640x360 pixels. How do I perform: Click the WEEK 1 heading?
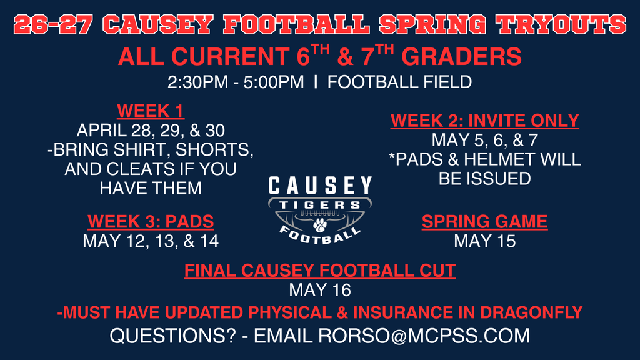point(151,112)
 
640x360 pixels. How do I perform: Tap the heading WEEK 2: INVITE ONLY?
point(485,121)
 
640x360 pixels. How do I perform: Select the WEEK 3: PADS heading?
point(151,221)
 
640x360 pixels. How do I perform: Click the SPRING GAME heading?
point(485,221)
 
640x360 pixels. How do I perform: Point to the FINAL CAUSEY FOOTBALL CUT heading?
point(320,271)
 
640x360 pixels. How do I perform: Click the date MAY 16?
point(320,290)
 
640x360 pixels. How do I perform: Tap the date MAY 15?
point(485,241)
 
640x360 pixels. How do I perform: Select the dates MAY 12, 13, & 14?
point(151,241)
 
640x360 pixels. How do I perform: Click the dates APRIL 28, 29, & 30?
point(151,131)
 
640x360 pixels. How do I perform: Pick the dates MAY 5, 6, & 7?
point(485,140)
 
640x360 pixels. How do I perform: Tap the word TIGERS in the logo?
point(320,205)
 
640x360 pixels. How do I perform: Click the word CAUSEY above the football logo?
point(320,185)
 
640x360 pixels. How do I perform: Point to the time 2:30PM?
point(192,82)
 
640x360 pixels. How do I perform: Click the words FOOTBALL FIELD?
point(399,82)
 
